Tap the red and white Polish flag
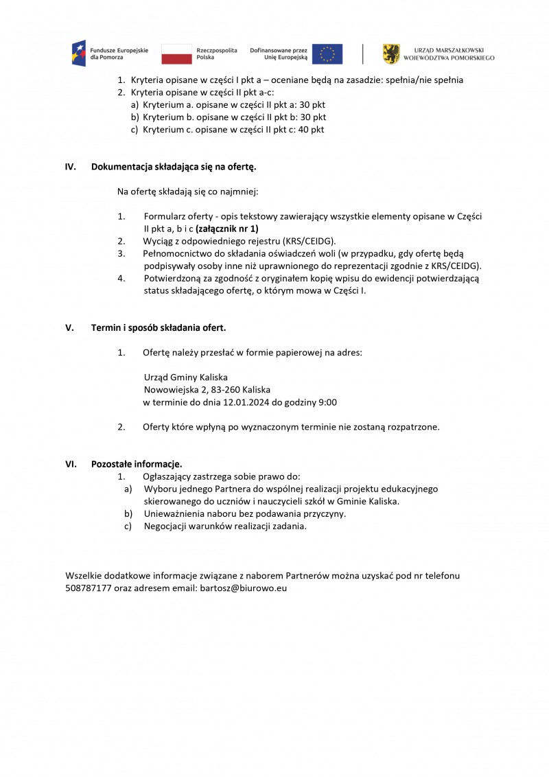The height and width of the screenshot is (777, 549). [x=176, y=54]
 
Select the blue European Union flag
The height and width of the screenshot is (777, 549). [x=327, y=54]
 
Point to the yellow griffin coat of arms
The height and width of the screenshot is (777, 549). [x=391, y=54]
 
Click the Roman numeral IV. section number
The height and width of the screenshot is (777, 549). [x=70, y=167]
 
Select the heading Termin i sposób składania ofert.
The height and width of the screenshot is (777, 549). [x=159, y=327]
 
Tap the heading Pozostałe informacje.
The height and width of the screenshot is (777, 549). [x=137, y=464]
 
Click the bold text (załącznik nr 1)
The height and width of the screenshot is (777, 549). [x=227, y=229]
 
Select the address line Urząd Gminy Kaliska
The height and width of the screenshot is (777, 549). [x=185, y=378]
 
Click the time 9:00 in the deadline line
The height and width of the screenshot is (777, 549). [x=326, y=402]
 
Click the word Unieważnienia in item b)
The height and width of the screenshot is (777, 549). [x=174, y=513]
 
